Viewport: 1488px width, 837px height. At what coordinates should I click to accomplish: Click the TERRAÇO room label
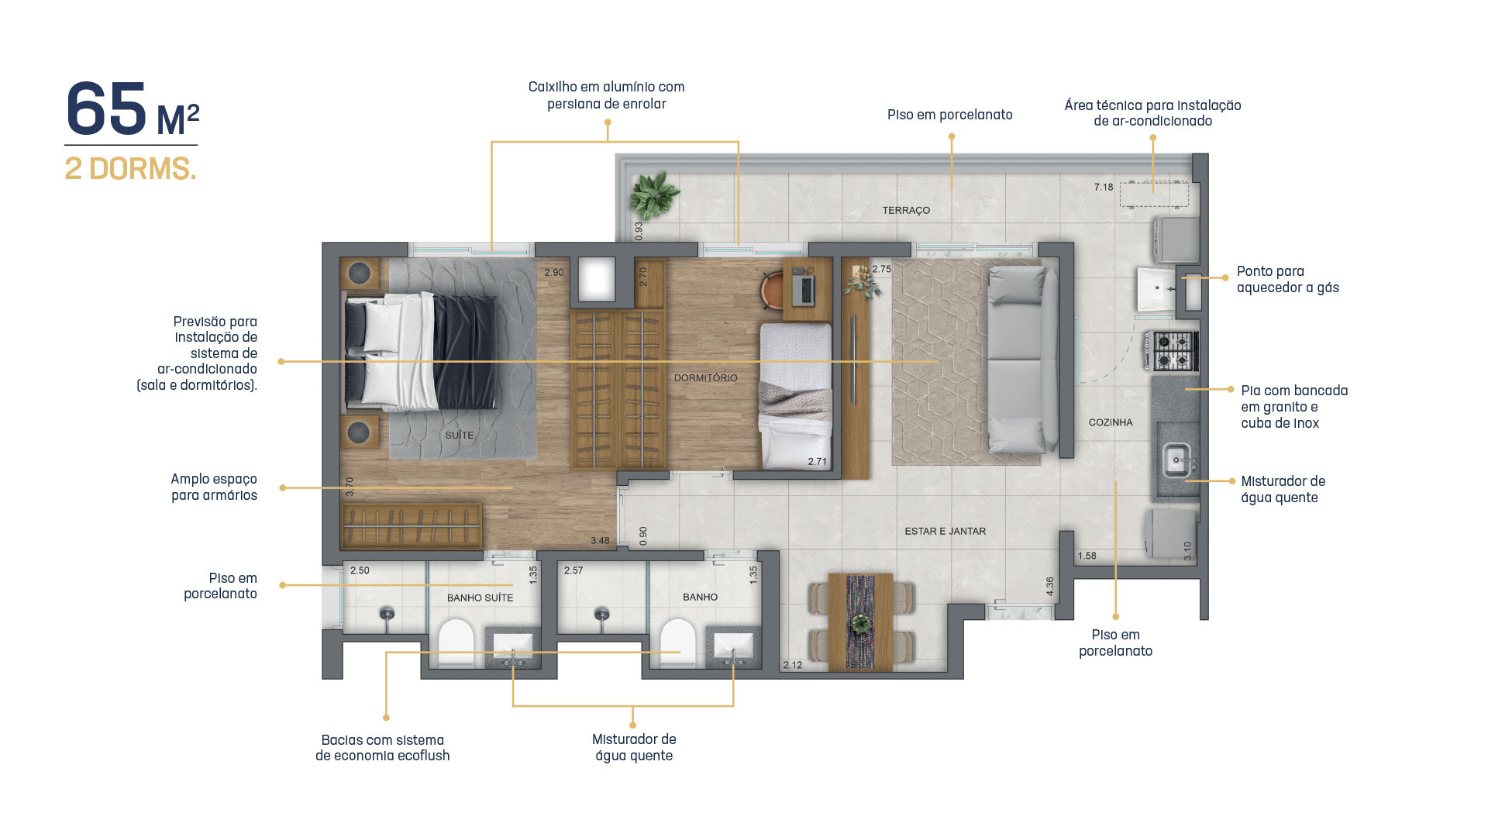(x=906, y=210)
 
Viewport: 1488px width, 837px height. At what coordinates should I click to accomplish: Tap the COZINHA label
(x=1111, y=422)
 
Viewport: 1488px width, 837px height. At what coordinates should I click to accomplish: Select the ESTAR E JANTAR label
(x=945, y=531)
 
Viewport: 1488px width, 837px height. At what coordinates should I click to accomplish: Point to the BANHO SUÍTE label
(x=480, y=598)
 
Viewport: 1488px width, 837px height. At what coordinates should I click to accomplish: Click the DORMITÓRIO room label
(x=706, y=377)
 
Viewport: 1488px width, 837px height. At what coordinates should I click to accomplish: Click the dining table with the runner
(x=860, y=622)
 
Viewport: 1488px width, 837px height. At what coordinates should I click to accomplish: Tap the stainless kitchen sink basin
(x=1176, y=461)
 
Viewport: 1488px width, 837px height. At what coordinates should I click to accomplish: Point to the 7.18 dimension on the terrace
(x=1104, y=187)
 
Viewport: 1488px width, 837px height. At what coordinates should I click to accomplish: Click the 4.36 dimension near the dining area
(x=1050, y=586)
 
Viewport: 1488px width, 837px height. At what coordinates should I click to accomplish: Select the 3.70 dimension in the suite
(x=350, y=487)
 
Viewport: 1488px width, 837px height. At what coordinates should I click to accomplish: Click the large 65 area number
(x=107, y=108)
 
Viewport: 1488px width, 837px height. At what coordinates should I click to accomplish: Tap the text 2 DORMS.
(x=130, y=169)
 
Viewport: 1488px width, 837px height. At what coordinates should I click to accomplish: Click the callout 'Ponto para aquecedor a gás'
(x=1287, y=279)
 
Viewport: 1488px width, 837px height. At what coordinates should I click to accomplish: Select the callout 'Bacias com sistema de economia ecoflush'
(x=383, y=748)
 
